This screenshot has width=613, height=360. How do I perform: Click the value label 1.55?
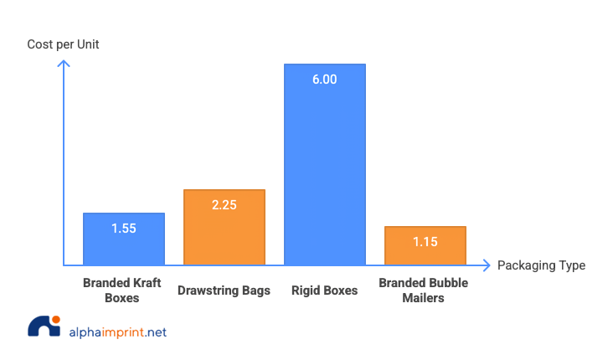pos(123,228)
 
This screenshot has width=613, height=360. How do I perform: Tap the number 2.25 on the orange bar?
pos(224,205)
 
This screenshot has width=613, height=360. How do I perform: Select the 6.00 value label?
pos(324,80)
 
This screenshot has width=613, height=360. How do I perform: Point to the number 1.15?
pos(425,242)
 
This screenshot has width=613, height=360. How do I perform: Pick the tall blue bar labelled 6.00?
pos(324,167)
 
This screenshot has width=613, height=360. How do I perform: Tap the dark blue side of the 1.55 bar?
pos(169,239)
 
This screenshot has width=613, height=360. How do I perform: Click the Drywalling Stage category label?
pos(224,291)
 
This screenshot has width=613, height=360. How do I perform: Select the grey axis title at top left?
pos(63,45)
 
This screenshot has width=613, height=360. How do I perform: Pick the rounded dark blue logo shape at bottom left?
pos(40,333)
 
